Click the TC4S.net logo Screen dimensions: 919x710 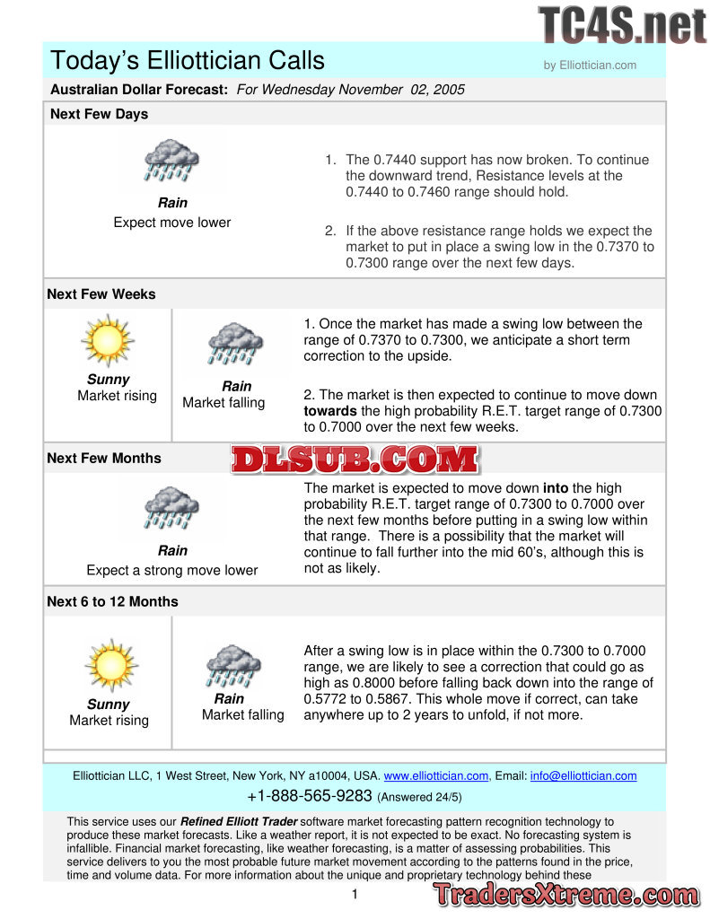click(622, 25)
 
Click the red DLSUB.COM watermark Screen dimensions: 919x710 click(355, 459)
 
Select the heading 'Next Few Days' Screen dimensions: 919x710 click(99, 114)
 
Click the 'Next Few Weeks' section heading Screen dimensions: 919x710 click(101, 294)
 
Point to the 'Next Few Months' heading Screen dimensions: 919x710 click(104, 458)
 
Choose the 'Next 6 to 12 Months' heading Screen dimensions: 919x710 click(112, 601)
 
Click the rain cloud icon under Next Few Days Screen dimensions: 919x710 click(172, 162)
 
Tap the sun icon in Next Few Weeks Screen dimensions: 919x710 click(107, 341)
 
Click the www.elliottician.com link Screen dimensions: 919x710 click(436, 775)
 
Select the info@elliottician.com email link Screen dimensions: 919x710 click(583, 775)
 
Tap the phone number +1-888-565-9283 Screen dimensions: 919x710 click(309, 796)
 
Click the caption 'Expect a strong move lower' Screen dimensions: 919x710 click(171, 570)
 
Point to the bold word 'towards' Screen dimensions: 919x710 click(330, 411)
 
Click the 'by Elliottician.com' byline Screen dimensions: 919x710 click(590, 65)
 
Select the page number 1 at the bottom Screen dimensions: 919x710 click(355, 894)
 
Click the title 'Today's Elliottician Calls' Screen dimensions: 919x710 click(188, 60)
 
